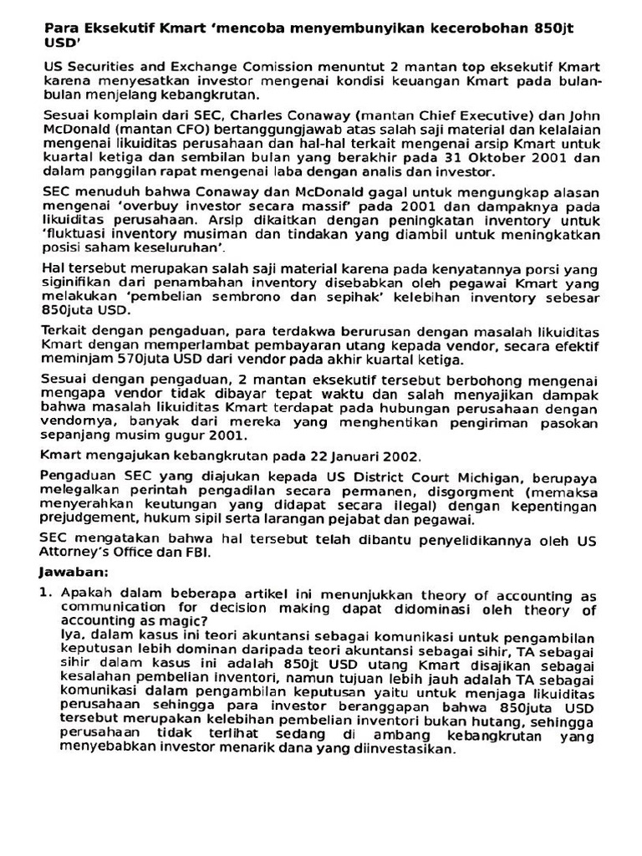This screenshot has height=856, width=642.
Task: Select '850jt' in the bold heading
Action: pyautogui.click(x=553, y=28)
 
